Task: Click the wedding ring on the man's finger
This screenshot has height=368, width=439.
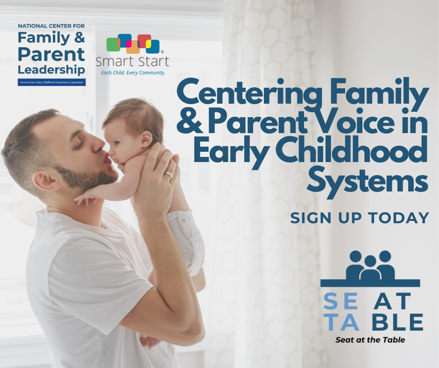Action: click(169, 176)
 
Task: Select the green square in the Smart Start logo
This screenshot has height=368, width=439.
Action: click(113, 44)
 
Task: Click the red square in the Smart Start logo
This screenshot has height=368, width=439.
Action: click(144, 41)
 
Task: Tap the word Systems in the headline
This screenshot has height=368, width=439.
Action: click(367, 183)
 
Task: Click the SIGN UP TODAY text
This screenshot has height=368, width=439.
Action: click(360, 218)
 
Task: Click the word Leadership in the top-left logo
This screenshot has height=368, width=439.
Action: click(51, 70)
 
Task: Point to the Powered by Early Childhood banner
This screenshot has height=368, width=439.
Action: click(52, 82)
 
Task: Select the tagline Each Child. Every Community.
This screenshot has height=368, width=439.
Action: click(133, 73)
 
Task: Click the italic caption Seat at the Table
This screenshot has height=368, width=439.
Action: click(370, 340)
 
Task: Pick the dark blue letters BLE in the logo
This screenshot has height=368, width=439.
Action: click(398, 322)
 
